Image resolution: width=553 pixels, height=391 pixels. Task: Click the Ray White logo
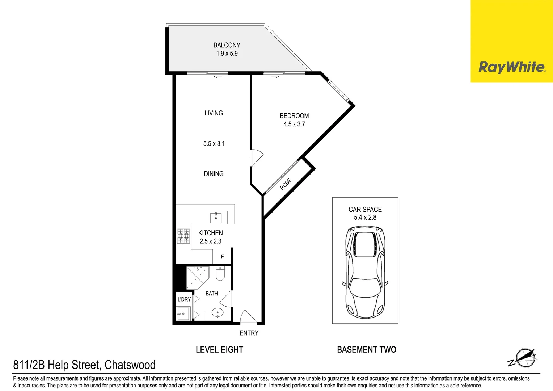click(511, 67)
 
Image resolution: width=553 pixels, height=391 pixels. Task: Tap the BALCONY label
click(227, 45)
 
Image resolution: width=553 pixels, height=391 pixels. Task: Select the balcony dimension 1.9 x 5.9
click(227, 54)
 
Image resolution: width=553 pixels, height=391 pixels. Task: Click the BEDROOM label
click(294, 116)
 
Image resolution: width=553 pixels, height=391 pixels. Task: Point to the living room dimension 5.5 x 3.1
click(214, 144)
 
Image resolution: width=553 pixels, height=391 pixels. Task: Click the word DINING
click(214, 174)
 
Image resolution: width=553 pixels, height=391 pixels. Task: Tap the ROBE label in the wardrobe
click(286, 184)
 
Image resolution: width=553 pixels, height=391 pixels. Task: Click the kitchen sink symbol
click(216, 218)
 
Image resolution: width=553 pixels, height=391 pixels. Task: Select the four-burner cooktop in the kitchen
click(183, 236)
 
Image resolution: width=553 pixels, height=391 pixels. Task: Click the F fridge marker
click(222, 257)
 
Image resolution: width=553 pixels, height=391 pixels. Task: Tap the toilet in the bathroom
click(220, 274)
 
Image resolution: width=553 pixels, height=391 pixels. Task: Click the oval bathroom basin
click(217, 312)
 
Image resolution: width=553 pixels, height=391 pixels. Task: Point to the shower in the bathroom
click(197, 278)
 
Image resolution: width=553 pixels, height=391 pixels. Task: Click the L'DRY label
click(184, 299)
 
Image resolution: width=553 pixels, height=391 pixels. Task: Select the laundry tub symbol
click(183, 314)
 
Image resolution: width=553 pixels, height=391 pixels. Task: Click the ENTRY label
click(249, 333)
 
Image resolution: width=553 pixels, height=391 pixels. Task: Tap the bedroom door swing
click(257, 158)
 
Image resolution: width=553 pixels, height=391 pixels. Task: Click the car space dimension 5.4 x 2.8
click(365, 218)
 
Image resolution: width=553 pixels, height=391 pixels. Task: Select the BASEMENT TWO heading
click(366, 350)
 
